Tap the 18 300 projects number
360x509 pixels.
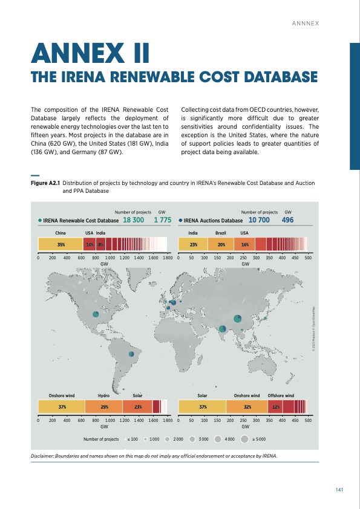click(133, 221)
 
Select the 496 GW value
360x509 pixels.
click(289, 221)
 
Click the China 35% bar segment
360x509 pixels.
click(60, 245)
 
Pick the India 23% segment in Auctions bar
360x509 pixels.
click(193, 245)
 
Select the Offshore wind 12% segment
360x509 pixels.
click(274, 407)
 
